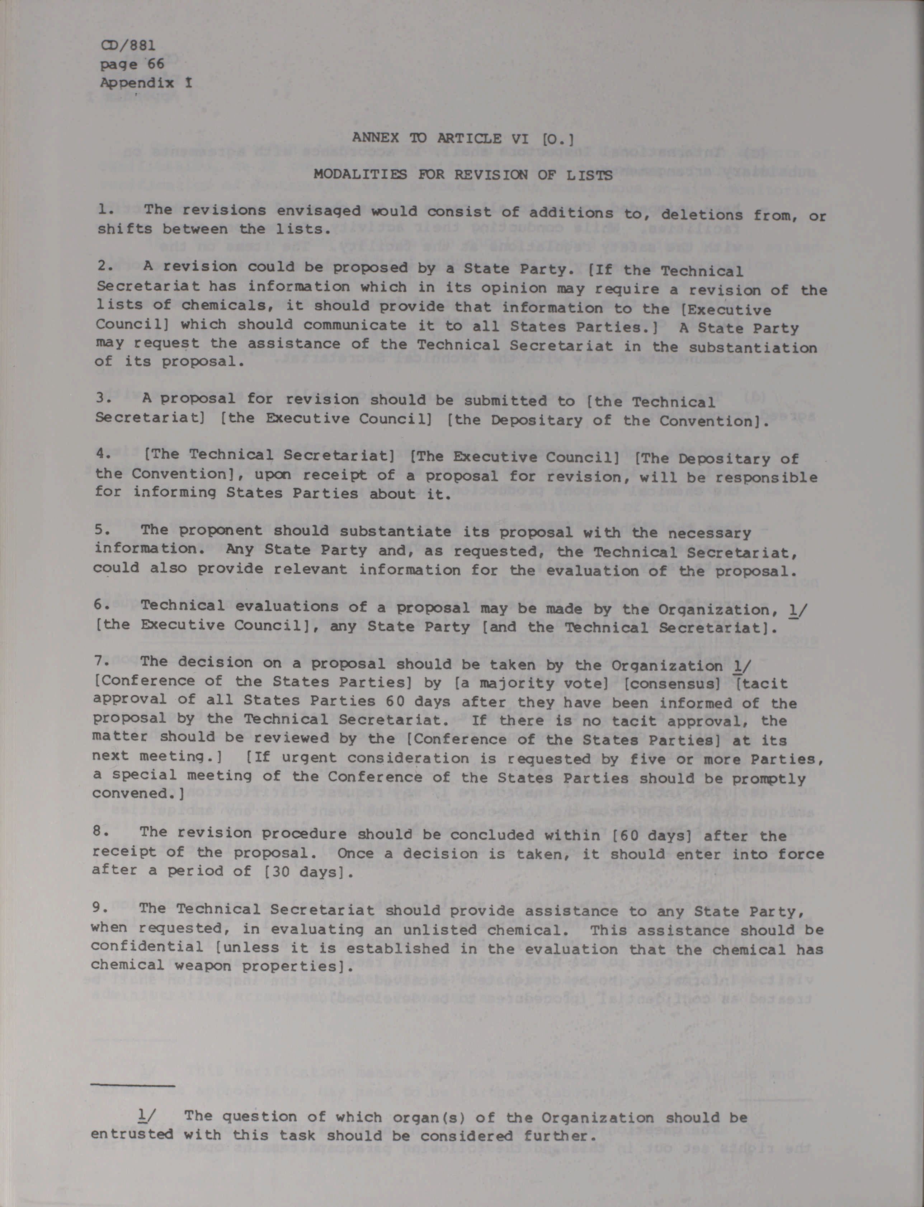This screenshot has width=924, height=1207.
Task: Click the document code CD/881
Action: [128, 45]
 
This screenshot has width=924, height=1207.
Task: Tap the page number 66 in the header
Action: [156, 64]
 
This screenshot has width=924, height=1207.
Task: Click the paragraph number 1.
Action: [104, 209]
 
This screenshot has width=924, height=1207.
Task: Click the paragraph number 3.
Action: [103, 398]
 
